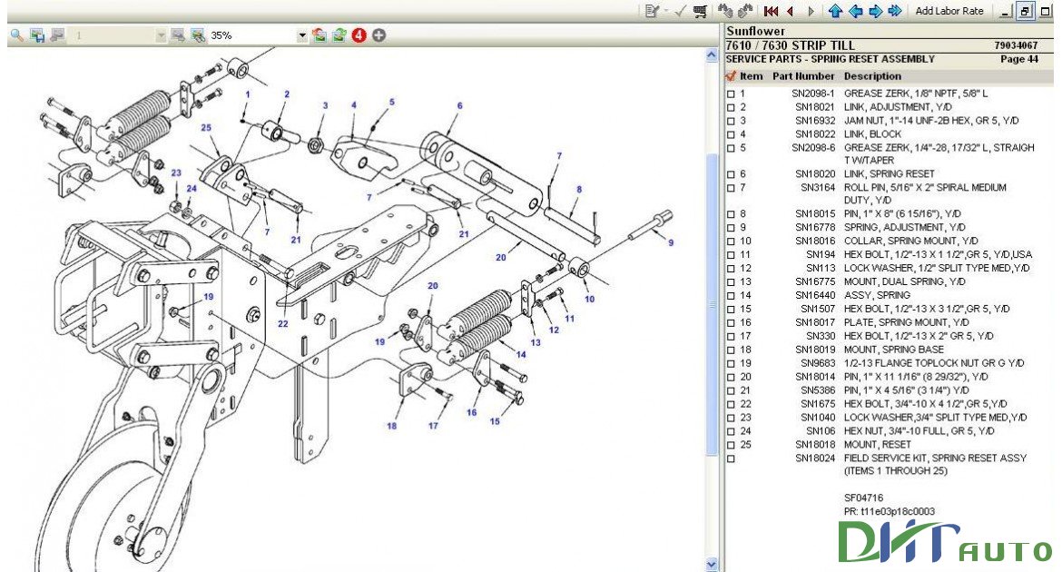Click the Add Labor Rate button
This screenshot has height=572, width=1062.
949,11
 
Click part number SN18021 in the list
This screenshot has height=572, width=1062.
814,106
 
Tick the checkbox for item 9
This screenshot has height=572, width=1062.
731,228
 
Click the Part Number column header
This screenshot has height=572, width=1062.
802,76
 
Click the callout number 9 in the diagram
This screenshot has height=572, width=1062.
670,242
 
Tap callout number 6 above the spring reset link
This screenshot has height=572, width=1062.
459,105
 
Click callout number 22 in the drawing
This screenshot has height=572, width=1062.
283,324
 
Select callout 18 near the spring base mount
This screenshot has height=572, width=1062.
391,426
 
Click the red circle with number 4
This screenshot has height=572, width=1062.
359,35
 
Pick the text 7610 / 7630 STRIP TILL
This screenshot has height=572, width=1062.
790,45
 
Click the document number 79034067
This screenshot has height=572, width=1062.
1016,45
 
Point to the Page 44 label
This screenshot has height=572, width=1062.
1018,59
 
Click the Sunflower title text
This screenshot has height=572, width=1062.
755,31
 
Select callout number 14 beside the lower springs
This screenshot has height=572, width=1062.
521,353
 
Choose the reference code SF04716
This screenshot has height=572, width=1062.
863,498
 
